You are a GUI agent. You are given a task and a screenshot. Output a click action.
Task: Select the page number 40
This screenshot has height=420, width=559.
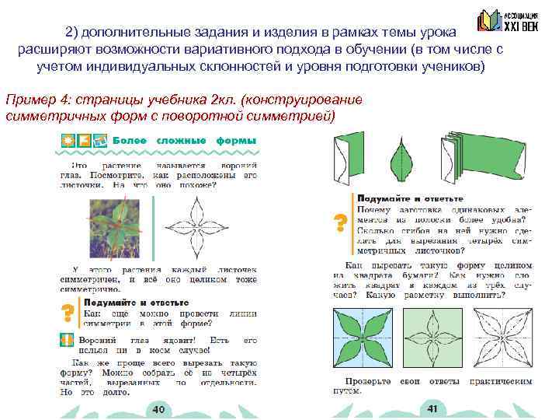coord(158,409)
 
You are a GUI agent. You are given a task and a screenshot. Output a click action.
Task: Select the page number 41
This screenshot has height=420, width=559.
coord(432,409)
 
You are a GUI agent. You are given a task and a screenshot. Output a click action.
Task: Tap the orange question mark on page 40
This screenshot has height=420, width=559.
coord(68,313)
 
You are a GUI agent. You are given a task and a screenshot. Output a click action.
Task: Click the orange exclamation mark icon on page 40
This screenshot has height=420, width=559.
coord(67,341)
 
